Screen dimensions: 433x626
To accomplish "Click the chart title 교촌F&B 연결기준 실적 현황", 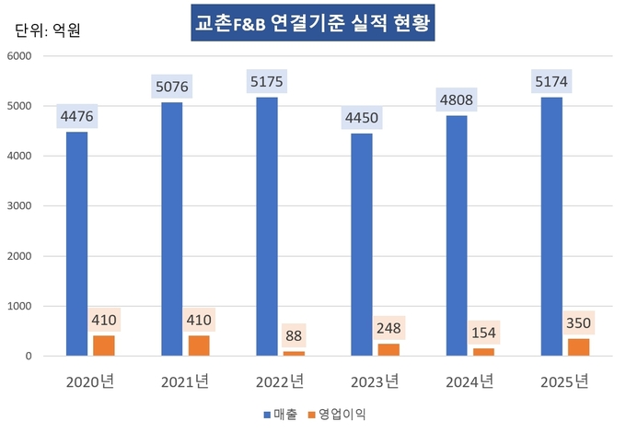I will pos(312,24).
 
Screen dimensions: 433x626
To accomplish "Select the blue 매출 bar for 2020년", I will pos(76,243).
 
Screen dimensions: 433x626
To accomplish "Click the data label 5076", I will pos(172,88).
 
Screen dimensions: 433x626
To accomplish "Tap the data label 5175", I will pos(267,83).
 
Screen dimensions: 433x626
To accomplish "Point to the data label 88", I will pos(294,336).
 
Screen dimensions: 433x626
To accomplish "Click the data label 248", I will pos(389,329).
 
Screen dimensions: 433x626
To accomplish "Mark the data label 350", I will pos(579,323).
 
